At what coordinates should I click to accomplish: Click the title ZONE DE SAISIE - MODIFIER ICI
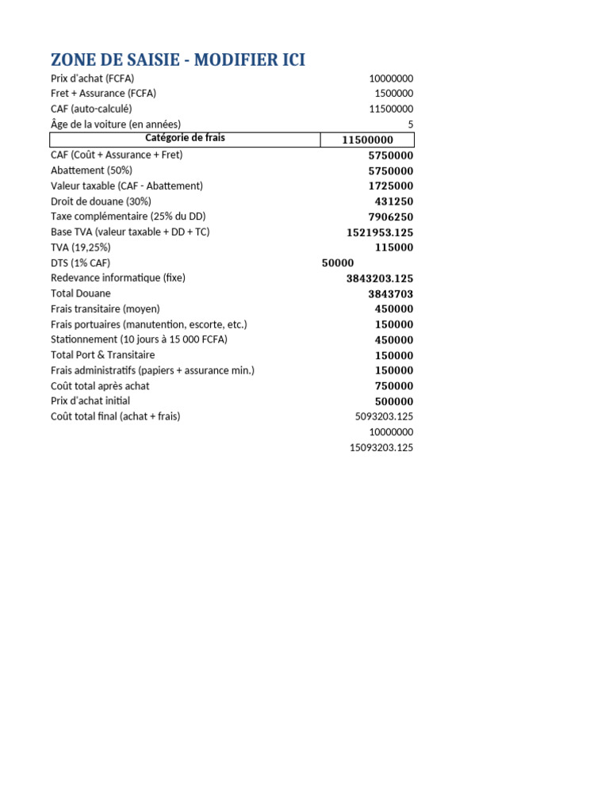point(178,59)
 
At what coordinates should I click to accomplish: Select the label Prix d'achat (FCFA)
point(92,79)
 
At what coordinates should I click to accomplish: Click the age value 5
point(410,124)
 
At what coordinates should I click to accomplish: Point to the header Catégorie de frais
point(185,138)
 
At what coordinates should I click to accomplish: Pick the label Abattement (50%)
point(91,170)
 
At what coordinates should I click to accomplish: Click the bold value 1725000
point(391,186)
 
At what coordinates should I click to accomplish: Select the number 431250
point(394,201)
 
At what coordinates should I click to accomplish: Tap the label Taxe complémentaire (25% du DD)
point(128,216)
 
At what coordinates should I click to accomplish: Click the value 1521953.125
point(380,232)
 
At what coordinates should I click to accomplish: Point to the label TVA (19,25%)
point(81,247)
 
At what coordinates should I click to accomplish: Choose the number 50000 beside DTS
point(338,263)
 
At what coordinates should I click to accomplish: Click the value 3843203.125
point(380,278)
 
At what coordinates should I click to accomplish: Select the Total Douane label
point(81,293)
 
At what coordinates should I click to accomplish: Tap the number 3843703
point(391,294)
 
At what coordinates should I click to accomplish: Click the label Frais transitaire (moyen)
point(105,308)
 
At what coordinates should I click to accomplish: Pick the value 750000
point(394,386)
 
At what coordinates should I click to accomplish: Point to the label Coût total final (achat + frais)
point(116,416)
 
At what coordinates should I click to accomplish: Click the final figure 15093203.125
point(381,448)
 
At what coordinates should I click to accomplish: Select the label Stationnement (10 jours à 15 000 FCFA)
point(139,339)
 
